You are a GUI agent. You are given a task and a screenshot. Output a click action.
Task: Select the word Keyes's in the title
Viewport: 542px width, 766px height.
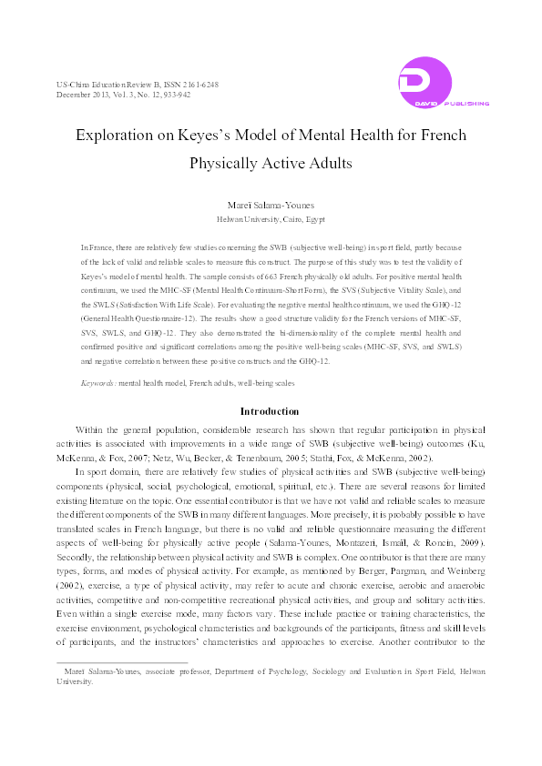[225, 135]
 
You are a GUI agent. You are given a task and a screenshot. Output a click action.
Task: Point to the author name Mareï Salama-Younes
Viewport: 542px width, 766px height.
[271, 206]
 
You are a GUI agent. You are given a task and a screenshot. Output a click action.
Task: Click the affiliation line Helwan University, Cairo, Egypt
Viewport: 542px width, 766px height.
[271, 220]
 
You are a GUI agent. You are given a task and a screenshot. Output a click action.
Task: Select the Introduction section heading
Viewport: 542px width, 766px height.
[270, 412]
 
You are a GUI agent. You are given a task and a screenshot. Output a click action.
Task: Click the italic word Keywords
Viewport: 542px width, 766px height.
[97, 385]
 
